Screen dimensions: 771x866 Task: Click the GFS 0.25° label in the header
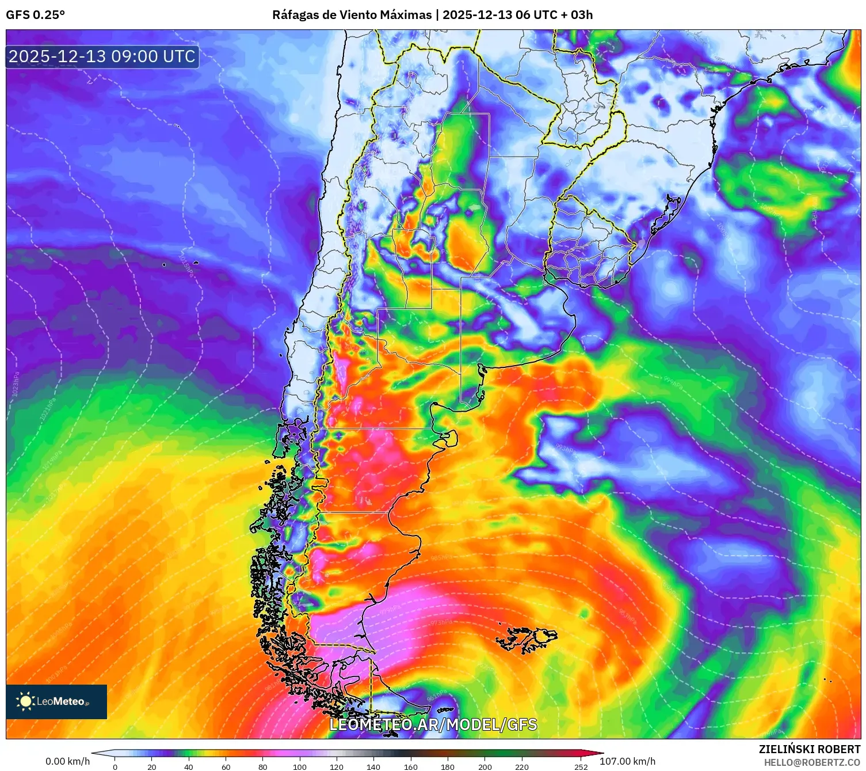click(x=35, y=15)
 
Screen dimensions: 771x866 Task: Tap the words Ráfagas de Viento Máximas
click(x=352, y=15)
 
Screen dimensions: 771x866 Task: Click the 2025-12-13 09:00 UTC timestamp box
click(x=102, y=56)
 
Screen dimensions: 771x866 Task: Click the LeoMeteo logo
click(x=56, y=701)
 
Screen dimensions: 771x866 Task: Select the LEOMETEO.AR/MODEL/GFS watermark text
click(x=433, y=724)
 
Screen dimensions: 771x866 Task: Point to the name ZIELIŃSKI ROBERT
click(x=809, y=749)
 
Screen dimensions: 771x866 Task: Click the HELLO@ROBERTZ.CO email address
click(x=812, y=762)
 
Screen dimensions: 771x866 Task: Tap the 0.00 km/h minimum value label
click(x=67, y=761)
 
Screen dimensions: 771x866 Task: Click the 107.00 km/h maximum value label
click(x=627, y=761)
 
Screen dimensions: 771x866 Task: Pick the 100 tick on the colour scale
click(x=300, y=766)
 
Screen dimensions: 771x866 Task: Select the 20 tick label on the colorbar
click(x=152, y=766)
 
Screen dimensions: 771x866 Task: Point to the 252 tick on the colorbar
click(x=581, y=766)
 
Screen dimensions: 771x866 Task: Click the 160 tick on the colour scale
click(x=411, y=766)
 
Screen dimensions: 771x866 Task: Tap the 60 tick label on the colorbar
click(x=226, y=766)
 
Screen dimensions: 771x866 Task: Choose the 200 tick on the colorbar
click(x=485, y=766)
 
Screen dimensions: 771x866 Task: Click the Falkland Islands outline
click(x=527, y=639)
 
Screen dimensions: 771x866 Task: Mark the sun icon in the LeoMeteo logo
click(x=25, y=701)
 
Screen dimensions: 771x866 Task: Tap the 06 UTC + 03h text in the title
click(x=554, y=15)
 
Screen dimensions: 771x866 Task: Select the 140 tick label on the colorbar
click(x=373, y=766)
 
